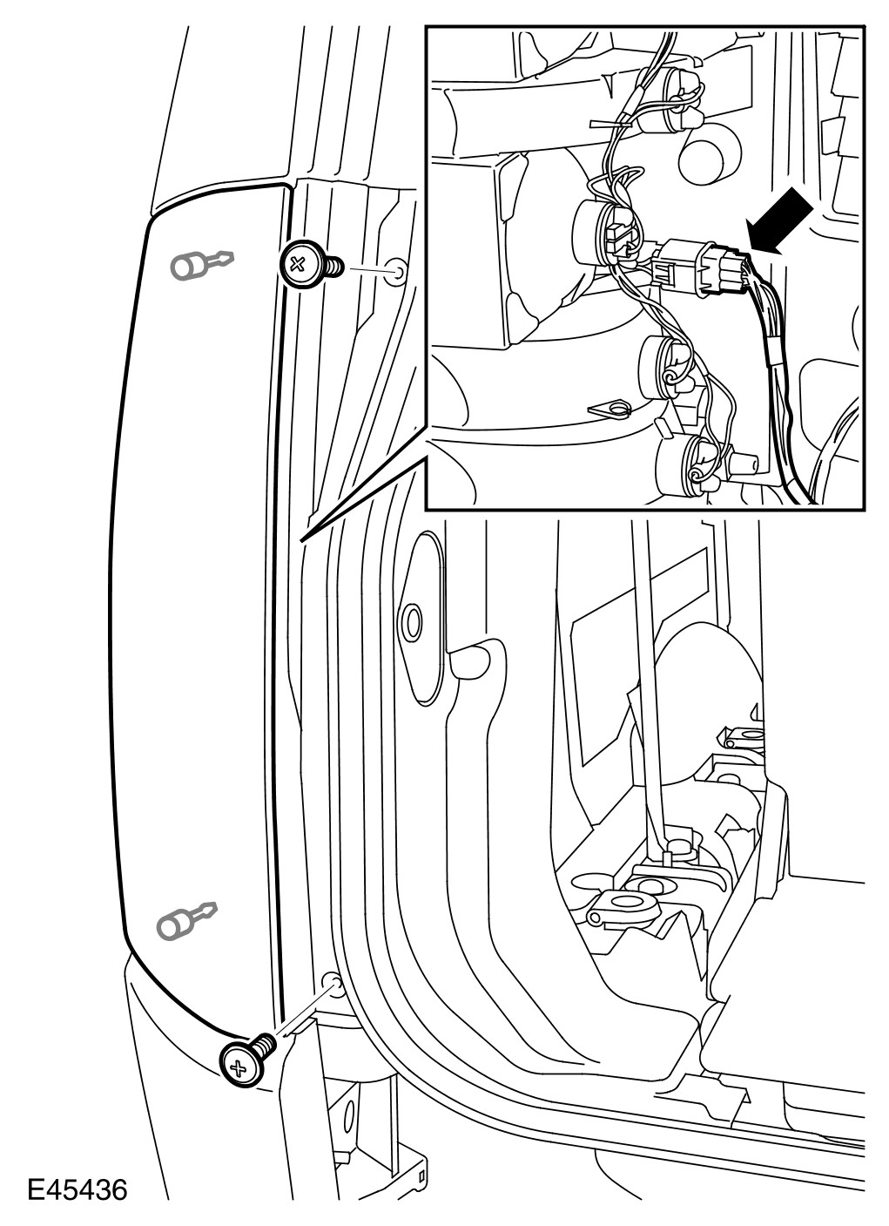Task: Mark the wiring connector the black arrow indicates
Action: click(701, 267)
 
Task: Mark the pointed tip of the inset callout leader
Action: click(301, 541)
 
